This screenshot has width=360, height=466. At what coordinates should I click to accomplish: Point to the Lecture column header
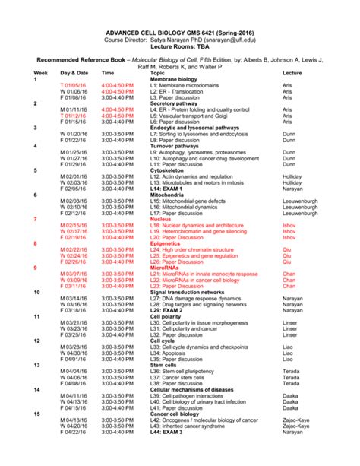pyautogui.click(x=292, y=72)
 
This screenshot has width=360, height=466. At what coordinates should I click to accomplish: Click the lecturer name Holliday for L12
pyautogui.click(x=292, y=177)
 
